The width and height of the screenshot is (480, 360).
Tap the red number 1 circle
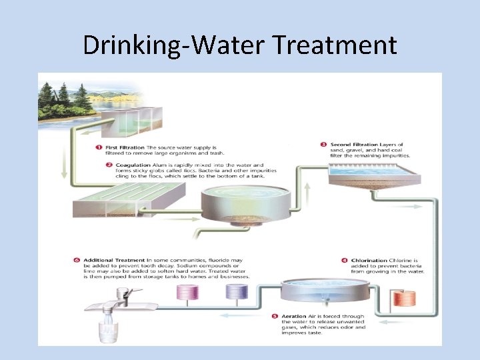pos(97,147)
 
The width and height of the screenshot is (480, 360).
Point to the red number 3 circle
pos(323,145)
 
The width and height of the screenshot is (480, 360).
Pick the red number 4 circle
pos(344,261)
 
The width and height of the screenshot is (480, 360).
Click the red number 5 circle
pos(275,316)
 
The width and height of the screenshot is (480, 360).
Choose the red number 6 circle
pos(77,259)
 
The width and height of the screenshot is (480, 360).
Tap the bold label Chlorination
pos(369,261)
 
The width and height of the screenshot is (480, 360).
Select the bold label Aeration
pos(293,316)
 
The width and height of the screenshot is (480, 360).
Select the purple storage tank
pos(237,291)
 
